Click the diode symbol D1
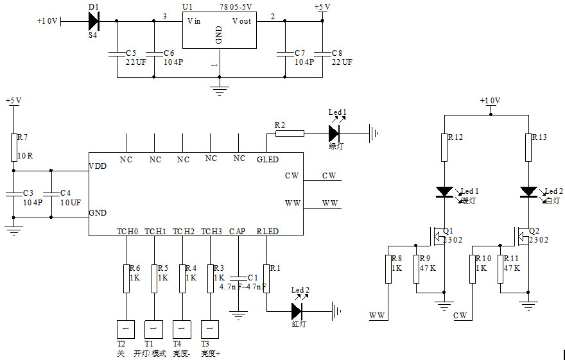coord(94,21)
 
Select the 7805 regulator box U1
coord(219,30)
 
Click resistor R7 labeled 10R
coord(13,147)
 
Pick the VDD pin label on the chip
coord(99,166)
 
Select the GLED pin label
coord(267,159)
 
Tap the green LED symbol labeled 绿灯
coord(333,133)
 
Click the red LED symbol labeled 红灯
coord(296,311)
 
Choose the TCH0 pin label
coord(127,231)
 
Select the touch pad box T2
coord(125,329)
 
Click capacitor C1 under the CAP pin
coord(238,277)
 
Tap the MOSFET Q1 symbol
coord(439,237)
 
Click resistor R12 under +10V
coord(444,148)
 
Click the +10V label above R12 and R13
coord(491,101)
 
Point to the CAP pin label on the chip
coord(238,231)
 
